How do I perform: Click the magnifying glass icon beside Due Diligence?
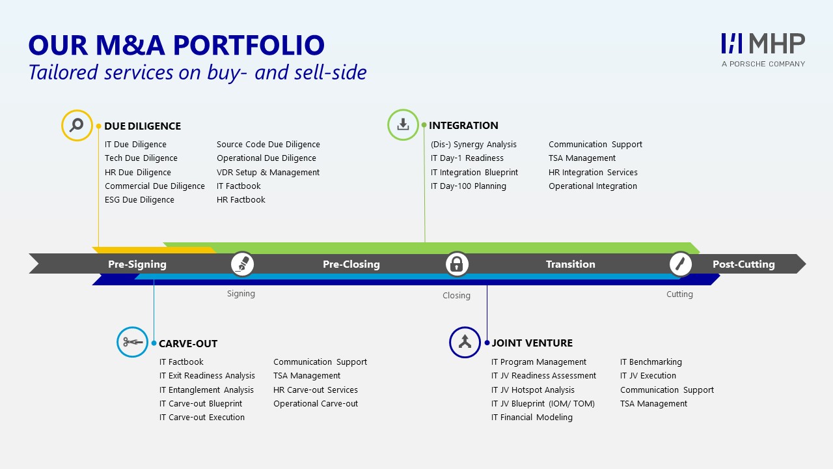pyautogui.click(x=77, y=125)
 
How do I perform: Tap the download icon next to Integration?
pyautogui.click(x=403, y=124)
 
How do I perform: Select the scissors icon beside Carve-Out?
pyautogui.click(x=132, y=342)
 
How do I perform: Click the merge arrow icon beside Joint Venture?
pyautogui.click(x=465, y=342)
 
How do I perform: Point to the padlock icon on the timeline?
pyautogui.click(x=457, y=264)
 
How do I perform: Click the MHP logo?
pyautogui.click(x=763, y=50)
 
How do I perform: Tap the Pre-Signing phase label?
pyautogui.click(x=137, y=264)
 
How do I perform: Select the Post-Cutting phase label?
pyautogui.click(x=744, y=264)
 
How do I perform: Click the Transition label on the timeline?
pyautogui.click(x=571, y=264)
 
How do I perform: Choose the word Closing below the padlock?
pyautogui.click(x=456, y=296)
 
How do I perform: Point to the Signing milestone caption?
pyautogui.click(x=241, y=294)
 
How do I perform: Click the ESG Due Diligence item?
pyautogui.click(x=139, y=200)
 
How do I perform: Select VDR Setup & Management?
pyautogui.click(x=268, y=173)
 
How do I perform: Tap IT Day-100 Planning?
pyautogui.click(x=468, y=186)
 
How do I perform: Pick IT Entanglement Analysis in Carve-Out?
pyautogui.click(x=206, y=390)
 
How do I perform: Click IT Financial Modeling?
pyautogui.click(x=532, y=418)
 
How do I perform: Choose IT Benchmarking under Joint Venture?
pyautogui.click(x=651, y=362)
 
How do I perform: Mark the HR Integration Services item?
pyautogui.click(x=593, y=173)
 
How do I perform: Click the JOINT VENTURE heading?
pyautogui.click(x=532, y=343)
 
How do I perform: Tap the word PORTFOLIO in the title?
pyautogui.click(x=249, y=46)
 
